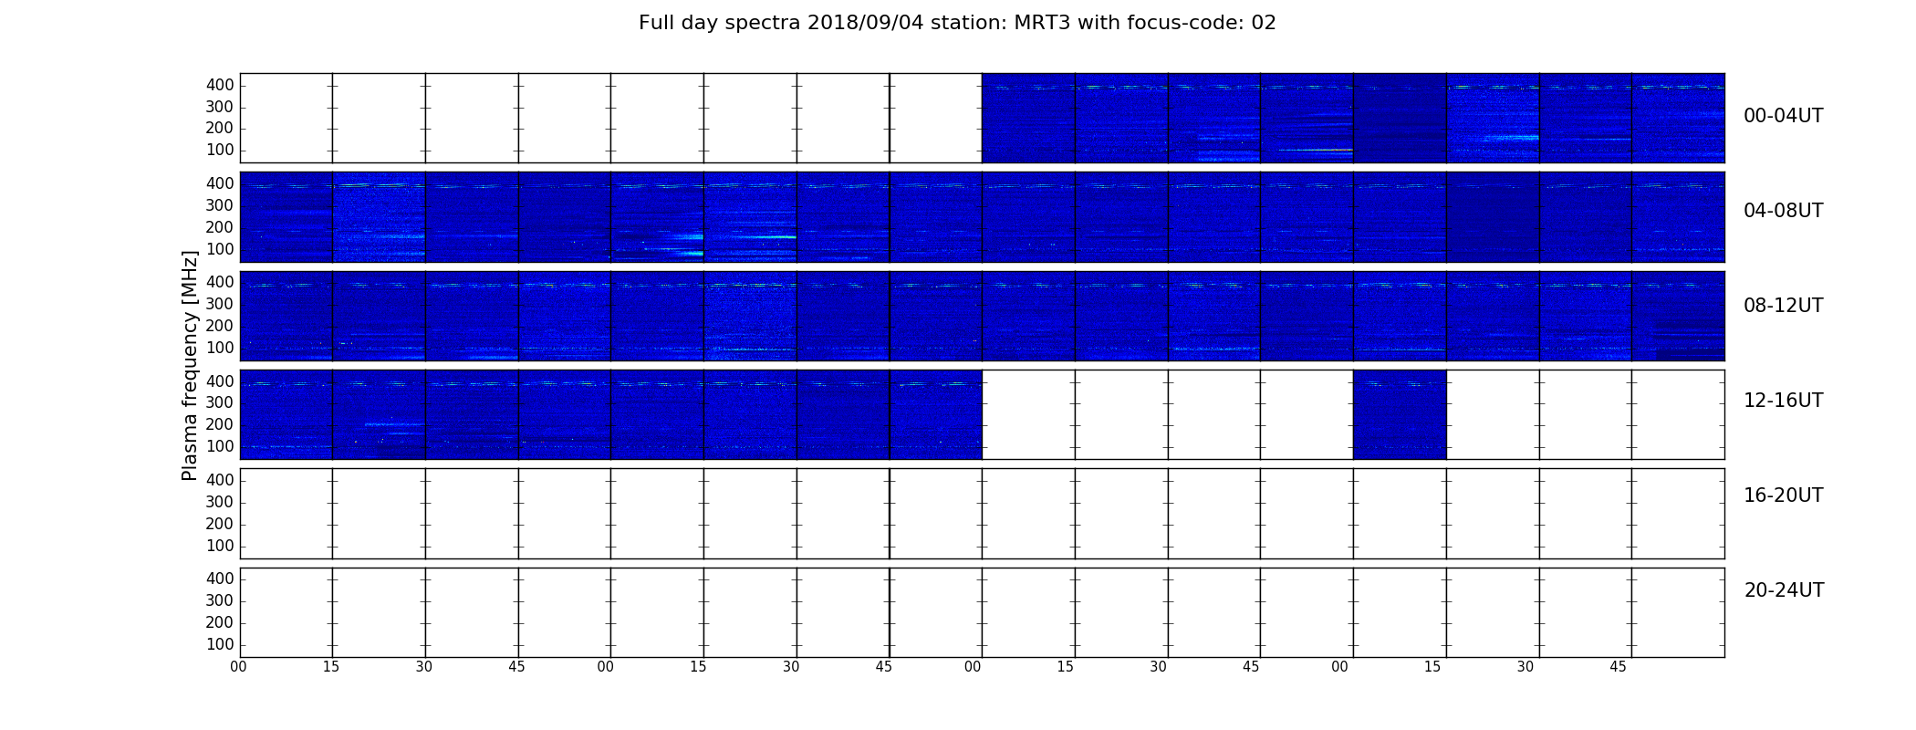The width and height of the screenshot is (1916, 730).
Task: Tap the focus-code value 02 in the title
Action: tap(1264, 23)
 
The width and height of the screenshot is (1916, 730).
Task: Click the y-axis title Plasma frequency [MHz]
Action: tap(190, 365)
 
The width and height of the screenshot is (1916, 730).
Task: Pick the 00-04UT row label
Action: tap(1784, 116)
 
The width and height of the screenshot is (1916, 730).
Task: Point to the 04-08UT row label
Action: tap(1784, 211)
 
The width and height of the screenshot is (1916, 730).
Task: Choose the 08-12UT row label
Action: tap(1784, 306)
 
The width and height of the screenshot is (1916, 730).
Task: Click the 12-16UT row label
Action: tap(1784, 401)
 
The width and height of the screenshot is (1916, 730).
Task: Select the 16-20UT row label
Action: tap(1784, 495)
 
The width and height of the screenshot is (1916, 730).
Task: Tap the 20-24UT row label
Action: tap(1784, 590)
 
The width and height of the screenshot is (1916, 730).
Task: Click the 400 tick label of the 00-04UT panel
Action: tap(220, 85)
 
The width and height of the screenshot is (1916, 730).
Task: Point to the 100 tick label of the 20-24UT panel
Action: tap(220, 644)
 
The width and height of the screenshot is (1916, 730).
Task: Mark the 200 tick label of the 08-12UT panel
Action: tap(220, 326)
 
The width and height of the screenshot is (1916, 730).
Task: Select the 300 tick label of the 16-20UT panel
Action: tap(220, 502)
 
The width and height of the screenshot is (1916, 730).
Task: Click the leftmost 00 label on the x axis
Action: tap(238, 667)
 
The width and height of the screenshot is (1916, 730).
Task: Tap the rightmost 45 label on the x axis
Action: tap(1618, 667)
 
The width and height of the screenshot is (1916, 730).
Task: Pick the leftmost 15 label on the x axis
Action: tap(330, 667)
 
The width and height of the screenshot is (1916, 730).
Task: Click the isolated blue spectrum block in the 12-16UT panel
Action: tap(1400, 414)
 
